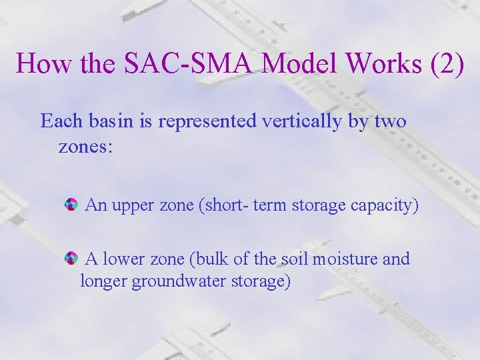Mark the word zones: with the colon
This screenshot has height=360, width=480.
tap(86, 146)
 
